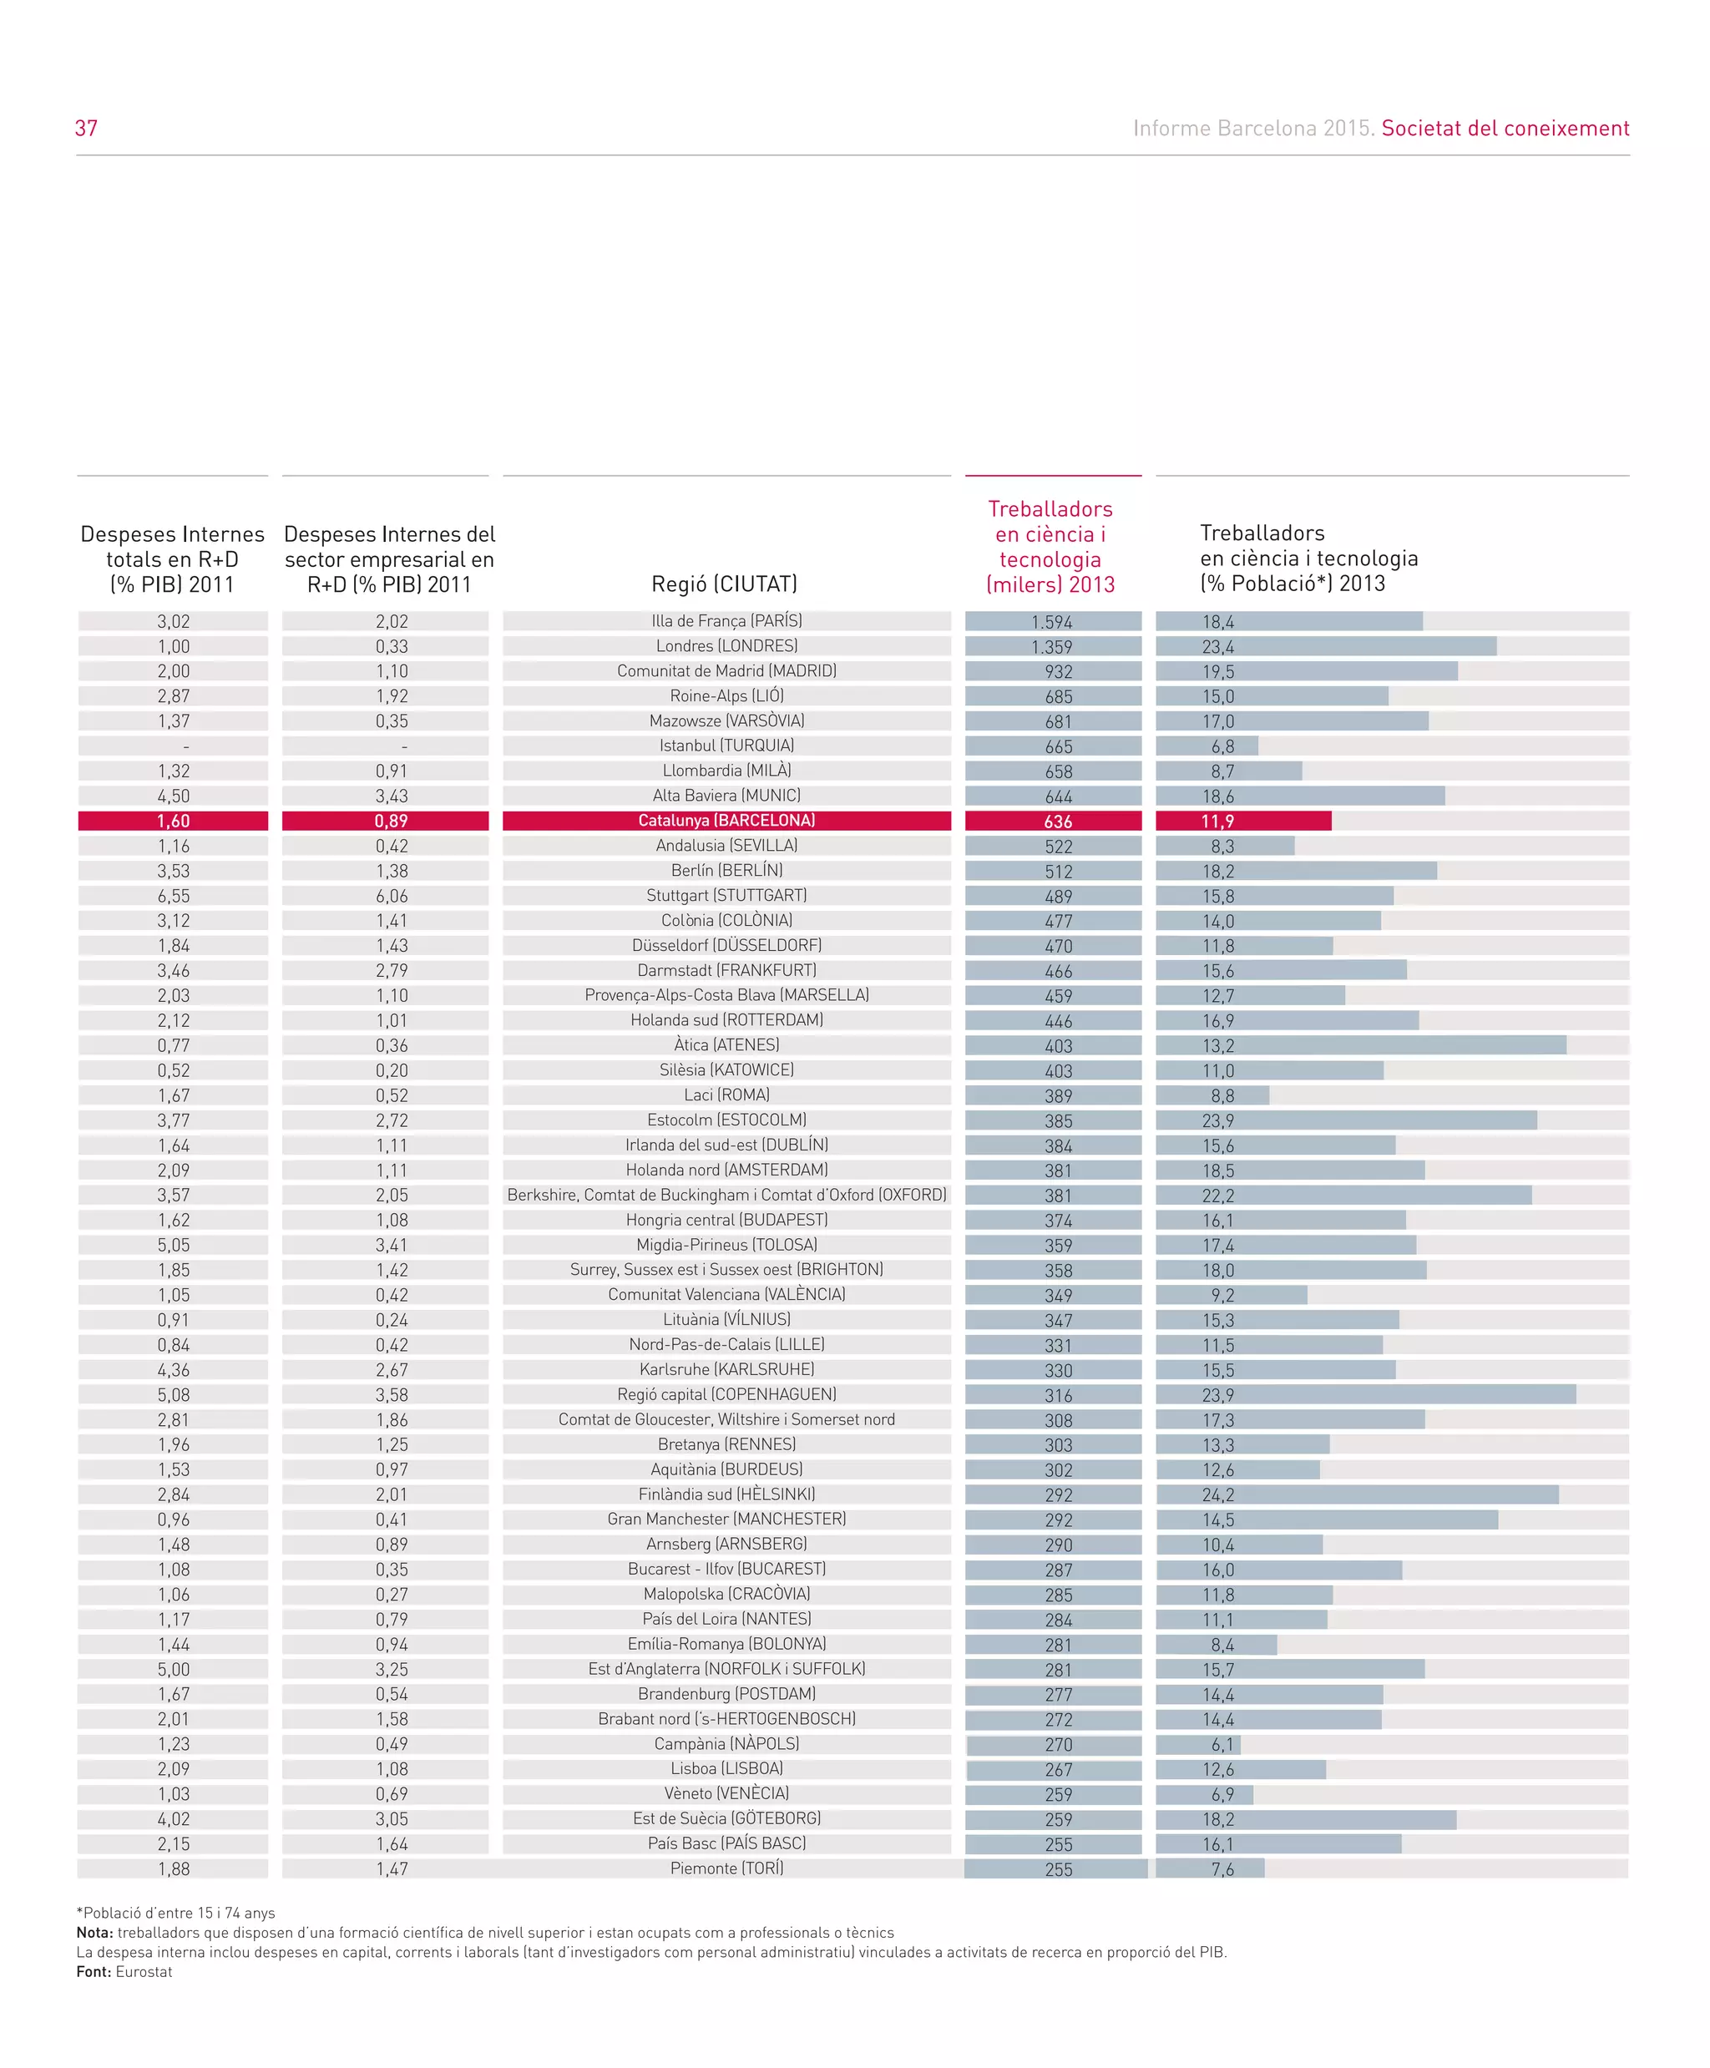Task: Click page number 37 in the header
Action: [86, 128]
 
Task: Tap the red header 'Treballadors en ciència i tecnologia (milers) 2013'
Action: [1050, 547]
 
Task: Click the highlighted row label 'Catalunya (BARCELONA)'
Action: [726, 821]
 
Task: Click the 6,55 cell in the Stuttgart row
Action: [174, 896]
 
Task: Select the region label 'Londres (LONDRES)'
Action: [726, 646]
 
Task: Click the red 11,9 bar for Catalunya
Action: [1243, 822]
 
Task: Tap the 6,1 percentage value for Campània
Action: [1222, 1745]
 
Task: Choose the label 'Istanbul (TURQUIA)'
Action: [726, 746]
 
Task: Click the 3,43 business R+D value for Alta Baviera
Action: [391, 796]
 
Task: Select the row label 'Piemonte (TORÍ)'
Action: [726, 1868]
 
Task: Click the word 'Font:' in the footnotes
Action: [94, 1971]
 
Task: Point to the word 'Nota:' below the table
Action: [94, 1932]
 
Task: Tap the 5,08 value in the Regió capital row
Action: [174, 1394]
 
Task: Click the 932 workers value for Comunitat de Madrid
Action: [1058, 671]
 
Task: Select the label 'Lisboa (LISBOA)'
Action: [726, 1768]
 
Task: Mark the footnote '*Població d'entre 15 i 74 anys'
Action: [175, 1913]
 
